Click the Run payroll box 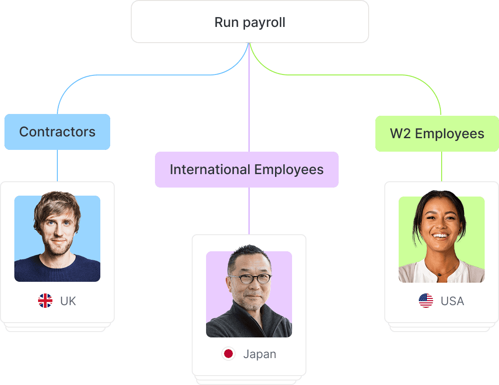coord(249,22)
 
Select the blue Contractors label coord(57,132)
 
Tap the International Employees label coord(246,170)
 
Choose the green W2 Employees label coord(437,134)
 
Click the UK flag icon coord(45,301)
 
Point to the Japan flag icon coord(228,354)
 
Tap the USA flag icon coord(426,301)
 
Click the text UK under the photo coord(68,301)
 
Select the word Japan coord(259,354)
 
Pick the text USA coord(452,301)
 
